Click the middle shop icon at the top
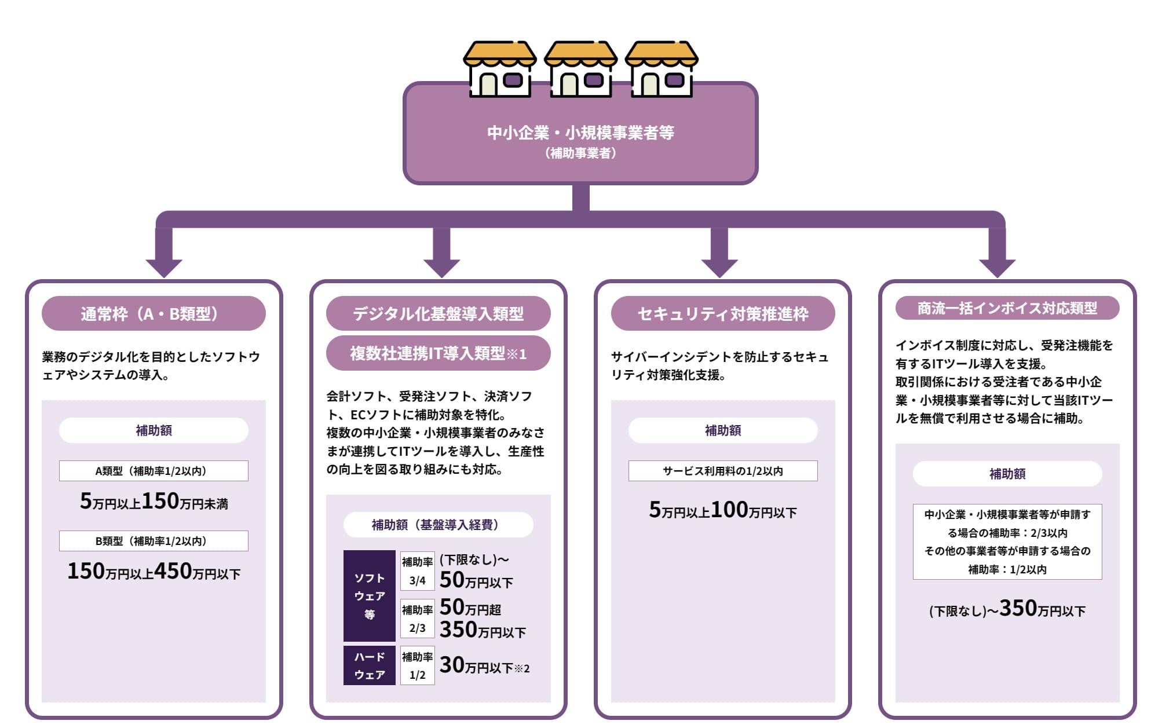(580, 69)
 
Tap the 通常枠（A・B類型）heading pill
(154, 313)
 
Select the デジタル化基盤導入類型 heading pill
(438, 313)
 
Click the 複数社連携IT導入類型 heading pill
(438, 353)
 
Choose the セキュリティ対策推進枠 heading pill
(722, 313)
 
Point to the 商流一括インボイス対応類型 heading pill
(1007, 308)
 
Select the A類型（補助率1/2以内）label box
(154, 471)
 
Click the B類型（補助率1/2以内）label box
(154, 541)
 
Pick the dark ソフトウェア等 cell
(369, 596)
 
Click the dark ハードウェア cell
(369, 665)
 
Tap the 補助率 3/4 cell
(417, 571)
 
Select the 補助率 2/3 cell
(417, 619)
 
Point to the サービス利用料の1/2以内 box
(722, 471)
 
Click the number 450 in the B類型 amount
(173, 571)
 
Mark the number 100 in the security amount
(729, 510)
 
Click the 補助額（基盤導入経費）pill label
(438, 525)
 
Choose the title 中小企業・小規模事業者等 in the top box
(580, 133)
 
